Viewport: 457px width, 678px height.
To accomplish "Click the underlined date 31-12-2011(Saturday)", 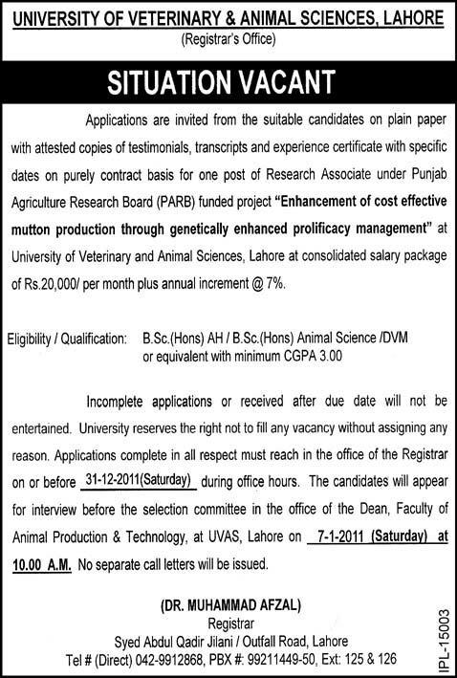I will [139, 480].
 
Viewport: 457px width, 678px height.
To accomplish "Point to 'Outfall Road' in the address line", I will [270, 642].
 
